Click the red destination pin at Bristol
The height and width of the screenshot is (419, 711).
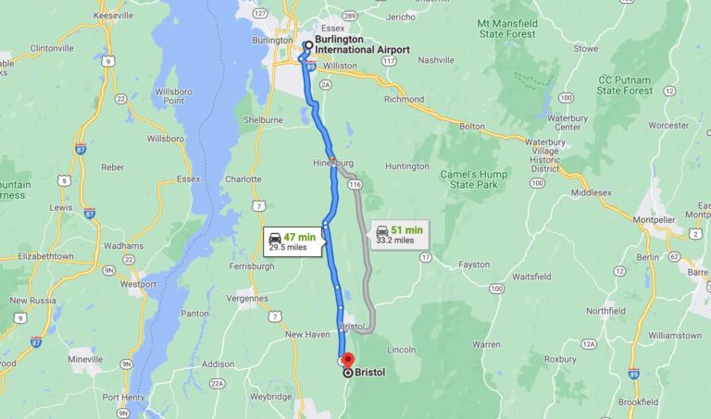[x=347, y=360]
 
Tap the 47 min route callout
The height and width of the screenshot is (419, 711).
[x=293, y=241]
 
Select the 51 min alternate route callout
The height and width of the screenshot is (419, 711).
[x=399, y=234]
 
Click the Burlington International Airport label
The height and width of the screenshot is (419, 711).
[x=361, y=44]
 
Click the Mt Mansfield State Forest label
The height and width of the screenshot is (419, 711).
[x=520, y=27]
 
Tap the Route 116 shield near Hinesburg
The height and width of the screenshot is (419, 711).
[x=355, y=185]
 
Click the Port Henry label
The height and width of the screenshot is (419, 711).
[x=124, y=397]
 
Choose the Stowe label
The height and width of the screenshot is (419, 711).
[x=585, y=48]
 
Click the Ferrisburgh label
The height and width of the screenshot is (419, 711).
[x=250, y=266]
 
